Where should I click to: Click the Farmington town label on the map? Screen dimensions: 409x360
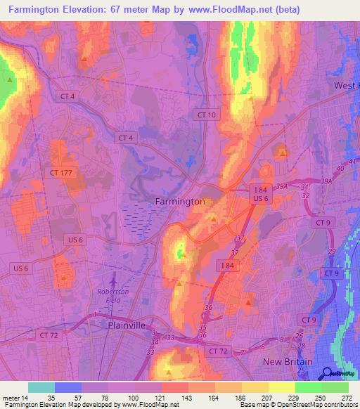point(179,201)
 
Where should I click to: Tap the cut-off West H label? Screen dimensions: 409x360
point(346,86)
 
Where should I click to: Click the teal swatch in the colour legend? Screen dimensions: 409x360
point(41,387)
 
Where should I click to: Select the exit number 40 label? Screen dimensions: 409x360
point(341,169)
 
